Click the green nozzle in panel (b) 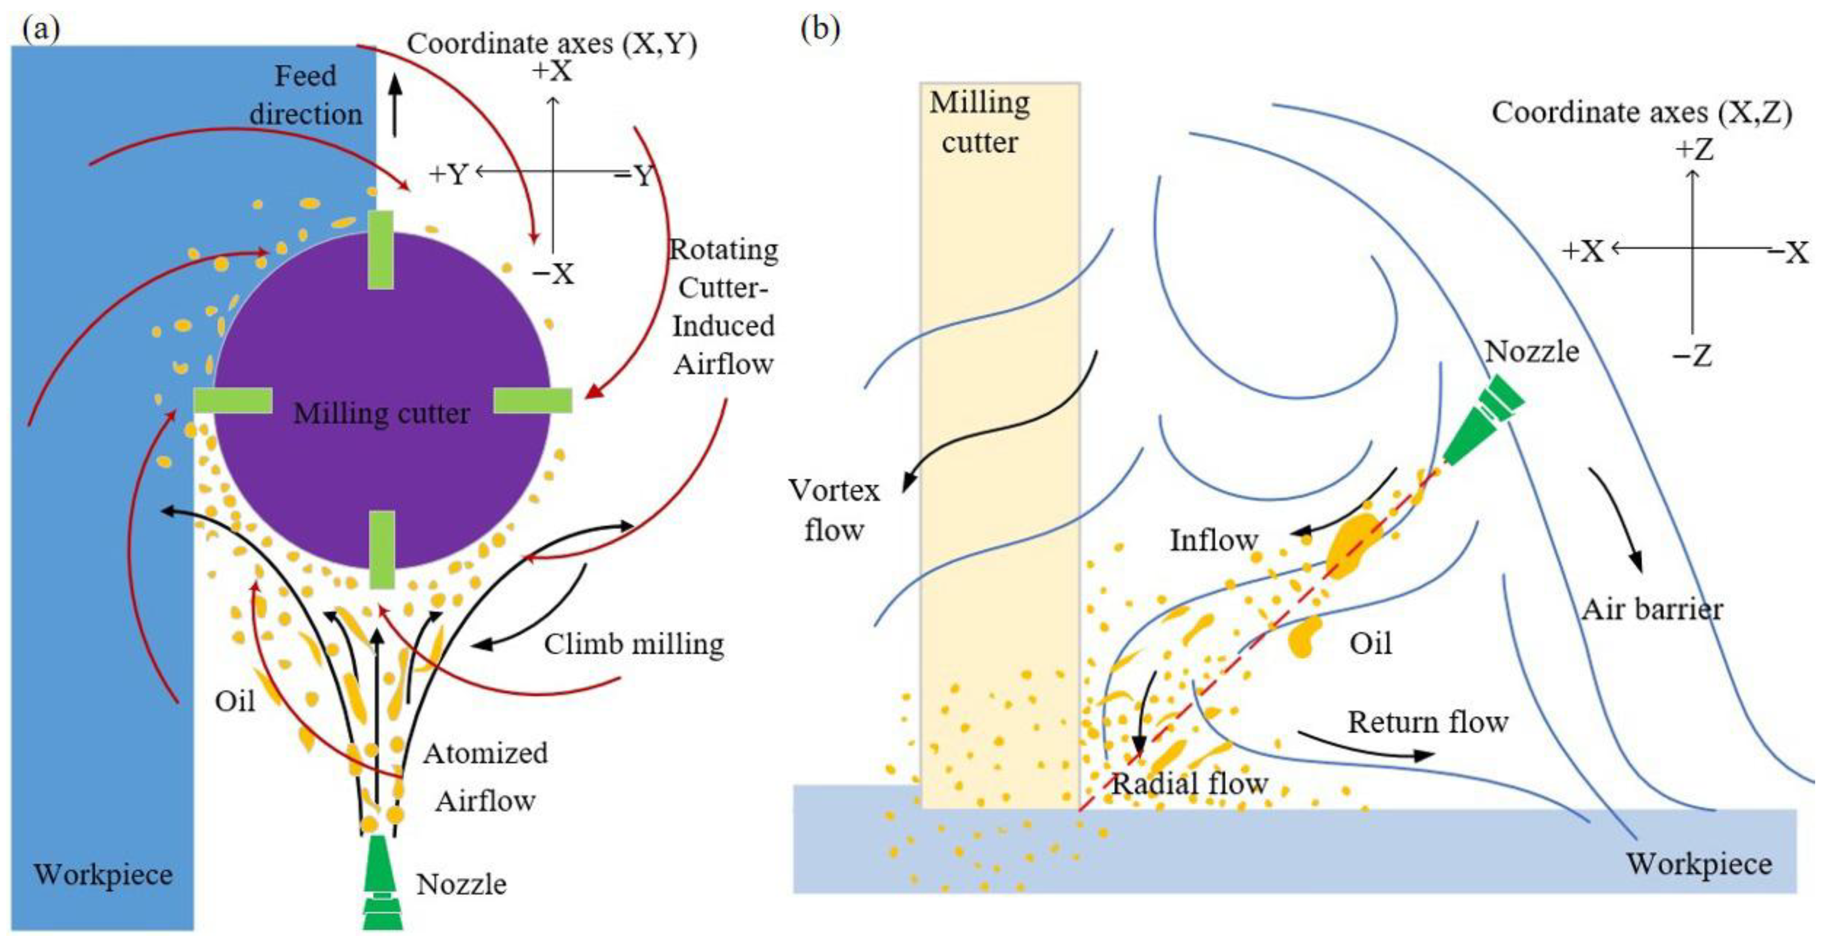point(1484,420)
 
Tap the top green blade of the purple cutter point(381,250)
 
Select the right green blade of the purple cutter point(533,400)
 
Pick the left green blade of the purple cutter point(233,400)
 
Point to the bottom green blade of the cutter point(382,550)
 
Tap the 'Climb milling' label point(634,644)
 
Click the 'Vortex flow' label point(834,510)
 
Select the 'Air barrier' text point(1652,609)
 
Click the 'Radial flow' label point(1189,783)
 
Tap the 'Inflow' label point(1214,540)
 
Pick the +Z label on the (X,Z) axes point(1694,150)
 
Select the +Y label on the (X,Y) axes point(448,174)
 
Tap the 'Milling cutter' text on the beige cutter point(980,122)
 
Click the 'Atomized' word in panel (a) point(485,753)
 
